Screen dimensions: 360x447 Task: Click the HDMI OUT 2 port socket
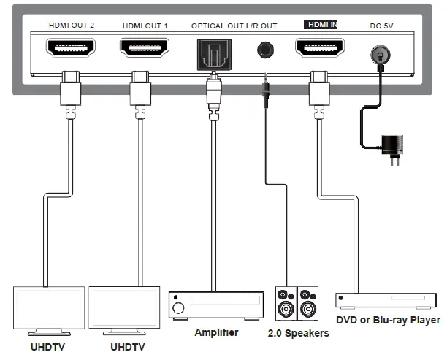pos(71,49)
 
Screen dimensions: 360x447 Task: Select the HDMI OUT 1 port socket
pos(145,49)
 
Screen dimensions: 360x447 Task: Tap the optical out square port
pos(213,53)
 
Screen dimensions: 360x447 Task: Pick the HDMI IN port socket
pos(319,49)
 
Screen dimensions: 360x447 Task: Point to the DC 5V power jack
pos(380,53)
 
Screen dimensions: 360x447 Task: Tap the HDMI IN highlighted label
pos(321,25)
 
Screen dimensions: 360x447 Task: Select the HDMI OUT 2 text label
pos(72,26)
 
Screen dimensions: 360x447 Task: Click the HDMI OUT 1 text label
pos(145,26)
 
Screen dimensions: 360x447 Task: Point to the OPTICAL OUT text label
pos(217,26)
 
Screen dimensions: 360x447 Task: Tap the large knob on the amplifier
pos(179,310)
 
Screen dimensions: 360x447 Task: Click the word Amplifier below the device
pos(216,332)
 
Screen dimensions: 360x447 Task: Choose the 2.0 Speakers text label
pos(298,334)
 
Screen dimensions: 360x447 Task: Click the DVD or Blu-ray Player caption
pos(388,320)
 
